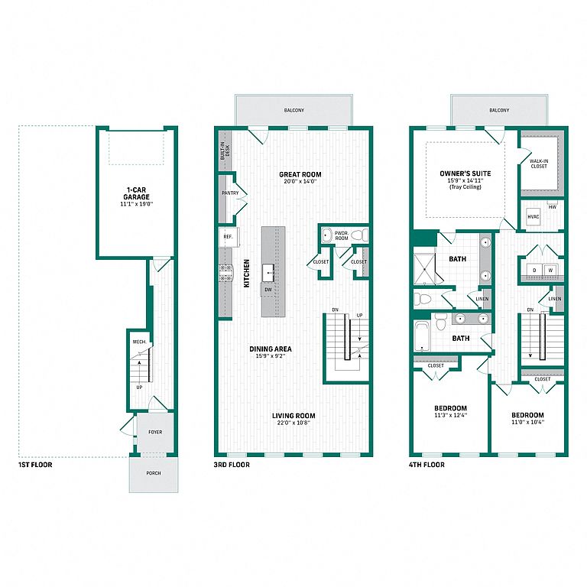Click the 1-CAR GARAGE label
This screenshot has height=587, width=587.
tap(136, 193)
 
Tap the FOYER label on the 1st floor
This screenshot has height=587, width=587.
tap(155, 432)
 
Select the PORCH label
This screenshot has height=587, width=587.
tap(154, 473)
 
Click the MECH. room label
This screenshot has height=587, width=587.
tap(140, 342)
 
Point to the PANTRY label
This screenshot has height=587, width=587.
tap(230, 193)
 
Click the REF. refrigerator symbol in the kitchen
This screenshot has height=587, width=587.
tap(229, 237)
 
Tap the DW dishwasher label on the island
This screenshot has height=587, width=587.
tap(268, 290)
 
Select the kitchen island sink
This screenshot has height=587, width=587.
tap(268, 273)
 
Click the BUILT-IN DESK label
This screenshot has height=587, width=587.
tap(225, 151)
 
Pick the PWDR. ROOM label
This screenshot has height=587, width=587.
tap(342, 235)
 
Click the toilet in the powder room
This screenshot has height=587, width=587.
tap(359, 235)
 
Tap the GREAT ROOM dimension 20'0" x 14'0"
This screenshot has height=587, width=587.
tap(300, 182)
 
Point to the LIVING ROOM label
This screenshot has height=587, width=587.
tap(293, 416)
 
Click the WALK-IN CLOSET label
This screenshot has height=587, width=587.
tap(539, 164)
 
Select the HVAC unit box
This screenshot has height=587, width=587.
tap(533, 217)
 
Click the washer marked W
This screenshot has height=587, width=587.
tap(550, 270)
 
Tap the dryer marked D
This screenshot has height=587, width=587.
tap(534, 270)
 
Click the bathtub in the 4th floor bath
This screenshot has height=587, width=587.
tap(422, 336)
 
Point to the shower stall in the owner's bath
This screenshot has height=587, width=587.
tap(424, 269)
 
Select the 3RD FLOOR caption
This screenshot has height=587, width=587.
tap(232, 465)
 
